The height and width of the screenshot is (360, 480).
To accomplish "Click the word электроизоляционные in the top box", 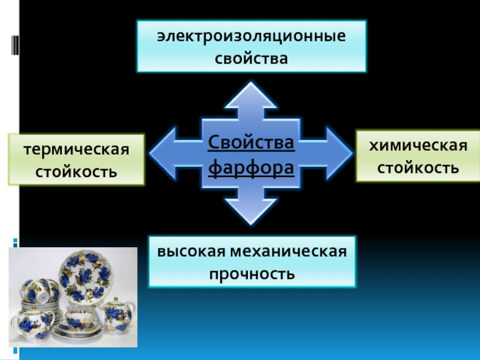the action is coord(251,37).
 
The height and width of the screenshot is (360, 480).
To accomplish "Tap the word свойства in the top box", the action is coord(251,59).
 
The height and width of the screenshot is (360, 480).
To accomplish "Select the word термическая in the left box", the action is coord(77,149).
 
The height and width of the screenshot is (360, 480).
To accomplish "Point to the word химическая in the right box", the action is coord(418,145).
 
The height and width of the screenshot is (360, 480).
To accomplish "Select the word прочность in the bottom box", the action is coord(251,274).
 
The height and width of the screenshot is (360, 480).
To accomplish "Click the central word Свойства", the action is coord(251,143).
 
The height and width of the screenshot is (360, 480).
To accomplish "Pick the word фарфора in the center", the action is coord(251,169).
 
